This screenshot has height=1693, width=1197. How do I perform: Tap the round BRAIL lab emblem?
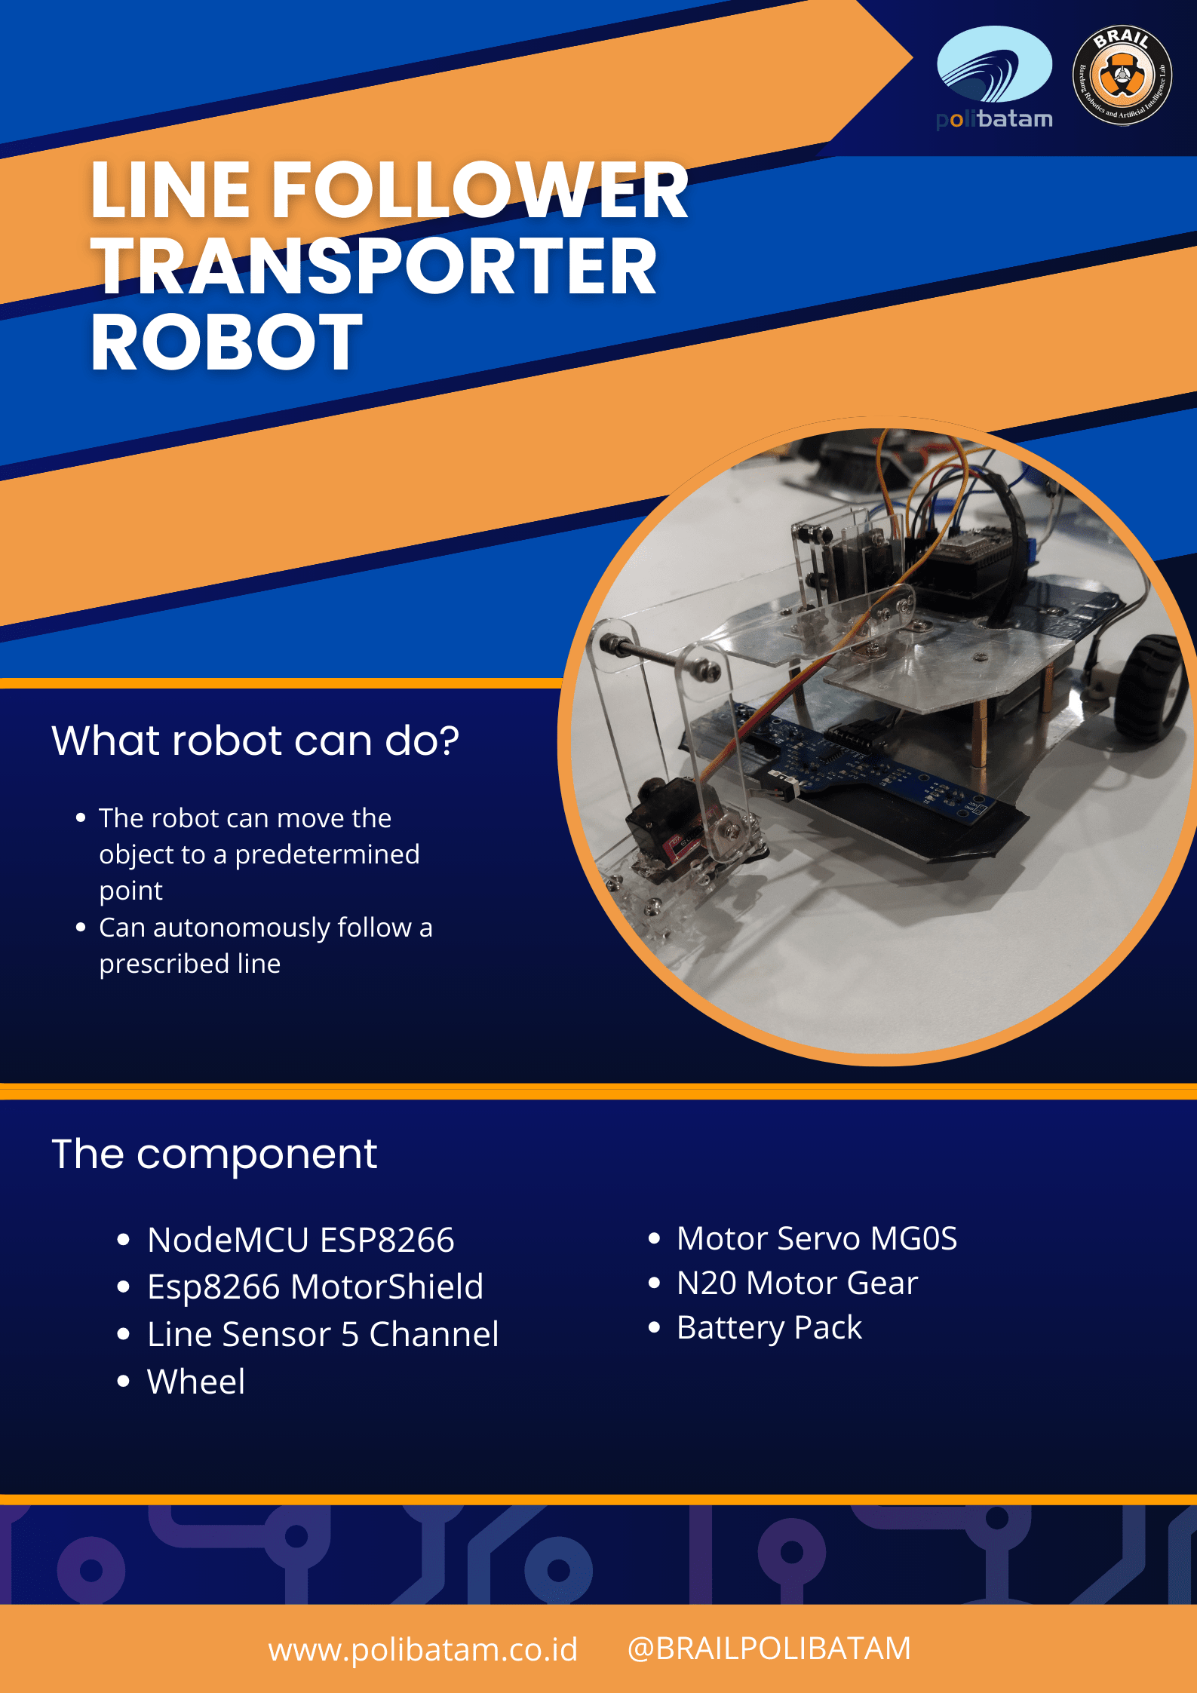tap(1122, 75)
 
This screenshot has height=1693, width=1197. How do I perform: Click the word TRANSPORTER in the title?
tap(374, 266)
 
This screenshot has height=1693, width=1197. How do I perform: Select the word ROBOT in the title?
tap(226, 342)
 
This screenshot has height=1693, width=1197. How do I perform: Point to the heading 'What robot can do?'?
tap(255, 741)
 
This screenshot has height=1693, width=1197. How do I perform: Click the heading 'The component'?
tap(214, 1154)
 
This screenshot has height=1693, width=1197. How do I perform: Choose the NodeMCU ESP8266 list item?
tap(300, 1241)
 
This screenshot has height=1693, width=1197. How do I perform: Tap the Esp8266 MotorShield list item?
tap(315, 1287)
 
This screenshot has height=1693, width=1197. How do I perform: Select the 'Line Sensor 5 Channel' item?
tap(323, 1335)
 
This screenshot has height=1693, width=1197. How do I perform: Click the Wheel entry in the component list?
tap(196, 1382)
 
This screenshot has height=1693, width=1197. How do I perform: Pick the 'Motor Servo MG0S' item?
tap(816, 1238)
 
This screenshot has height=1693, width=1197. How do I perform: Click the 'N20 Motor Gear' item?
tap(796, 1283)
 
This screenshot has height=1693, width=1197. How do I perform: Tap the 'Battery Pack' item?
tap(769, 1327)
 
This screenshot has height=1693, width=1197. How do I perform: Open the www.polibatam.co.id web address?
tap(422, 1649)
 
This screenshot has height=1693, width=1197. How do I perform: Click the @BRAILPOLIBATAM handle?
tap(769, 1649)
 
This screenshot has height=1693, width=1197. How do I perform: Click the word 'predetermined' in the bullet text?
tap(327, 854)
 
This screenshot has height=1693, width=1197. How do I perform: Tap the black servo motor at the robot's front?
tap(664, 822)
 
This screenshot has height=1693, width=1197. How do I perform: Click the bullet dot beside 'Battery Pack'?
tap(654, 1327)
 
